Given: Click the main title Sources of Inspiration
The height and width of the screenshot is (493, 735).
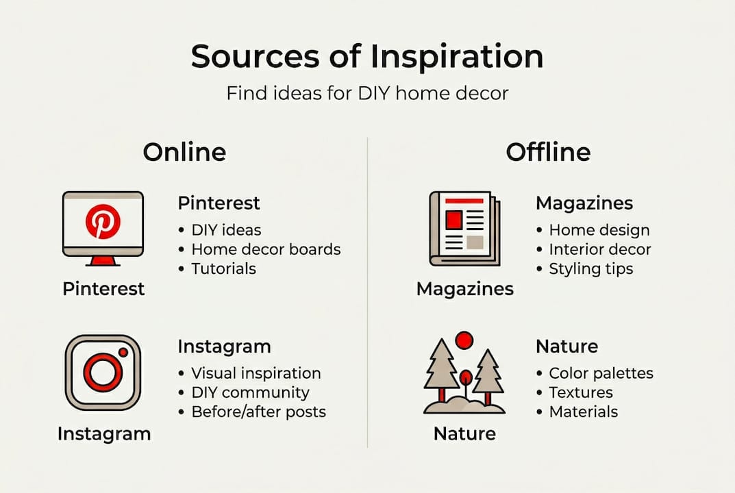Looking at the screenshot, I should [367, 57].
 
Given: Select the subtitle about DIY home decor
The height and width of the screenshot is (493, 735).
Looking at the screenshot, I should [367, 93].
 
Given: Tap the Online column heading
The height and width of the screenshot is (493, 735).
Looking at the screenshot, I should [184, 152].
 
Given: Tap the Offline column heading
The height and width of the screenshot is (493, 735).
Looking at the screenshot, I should [548, 152].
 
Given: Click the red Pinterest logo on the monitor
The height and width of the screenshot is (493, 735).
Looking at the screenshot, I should [103, 223].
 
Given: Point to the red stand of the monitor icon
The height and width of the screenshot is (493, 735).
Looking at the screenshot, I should [103, 260].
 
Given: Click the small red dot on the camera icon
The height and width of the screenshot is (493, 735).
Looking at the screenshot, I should [123, 352].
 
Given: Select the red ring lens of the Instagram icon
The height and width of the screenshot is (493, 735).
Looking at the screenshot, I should [102, 372].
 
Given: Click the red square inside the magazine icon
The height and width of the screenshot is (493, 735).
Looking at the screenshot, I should [453, 220].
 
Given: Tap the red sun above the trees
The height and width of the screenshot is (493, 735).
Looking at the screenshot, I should [464, 340].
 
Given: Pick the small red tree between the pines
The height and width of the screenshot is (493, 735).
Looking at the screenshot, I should [466, 379].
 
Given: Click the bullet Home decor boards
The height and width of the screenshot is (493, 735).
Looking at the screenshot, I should [265, 249].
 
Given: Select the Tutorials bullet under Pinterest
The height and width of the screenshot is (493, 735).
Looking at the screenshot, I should [223, 268].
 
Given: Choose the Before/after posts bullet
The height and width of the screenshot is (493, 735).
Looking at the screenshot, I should [258, 412].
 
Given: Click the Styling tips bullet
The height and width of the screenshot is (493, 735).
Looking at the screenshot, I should [590, 268].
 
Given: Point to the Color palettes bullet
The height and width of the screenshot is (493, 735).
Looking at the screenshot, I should [601, 373].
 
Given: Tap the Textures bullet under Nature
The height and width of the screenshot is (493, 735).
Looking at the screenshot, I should [580, 392].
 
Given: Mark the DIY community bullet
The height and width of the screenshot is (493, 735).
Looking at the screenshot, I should [250, 392].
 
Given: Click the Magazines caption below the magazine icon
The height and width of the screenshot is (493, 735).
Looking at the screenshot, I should [464, 289].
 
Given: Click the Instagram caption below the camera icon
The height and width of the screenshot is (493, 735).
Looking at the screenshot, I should [104, 433].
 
